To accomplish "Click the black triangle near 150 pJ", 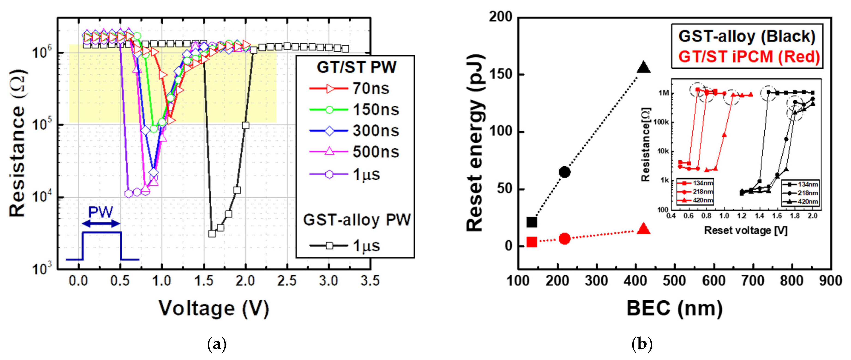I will (643, 68).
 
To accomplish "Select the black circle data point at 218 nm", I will (565, 172).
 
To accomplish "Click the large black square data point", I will (532, 222).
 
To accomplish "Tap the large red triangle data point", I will (643, 229).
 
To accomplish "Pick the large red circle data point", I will (565, 238).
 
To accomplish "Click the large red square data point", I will (532, 242).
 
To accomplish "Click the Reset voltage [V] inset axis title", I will (746, 230).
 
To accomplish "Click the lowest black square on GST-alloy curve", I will (212, 234).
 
